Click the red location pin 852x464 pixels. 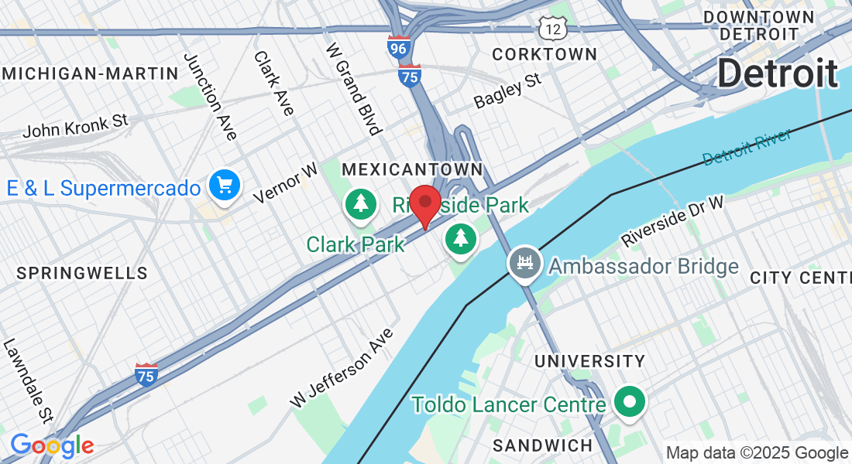point(424,203)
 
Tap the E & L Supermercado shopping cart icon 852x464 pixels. point(225,186)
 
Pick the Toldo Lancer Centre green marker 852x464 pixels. point(629,402)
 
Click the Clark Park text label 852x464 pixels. point(356,244)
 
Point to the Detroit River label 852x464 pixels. point(747,147)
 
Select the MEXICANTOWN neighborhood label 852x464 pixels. point(412,169)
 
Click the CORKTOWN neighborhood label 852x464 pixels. point(545,54)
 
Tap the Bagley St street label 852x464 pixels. point(507,90)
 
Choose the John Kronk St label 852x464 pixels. point(75,125)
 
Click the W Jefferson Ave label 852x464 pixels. point(342,368)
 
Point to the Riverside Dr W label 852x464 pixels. point(672,221)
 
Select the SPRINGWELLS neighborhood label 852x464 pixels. point(81,273)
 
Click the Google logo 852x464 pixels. point(52,445)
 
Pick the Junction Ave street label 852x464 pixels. point(209,97)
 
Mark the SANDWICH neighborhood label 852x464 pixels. point(542,445)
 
